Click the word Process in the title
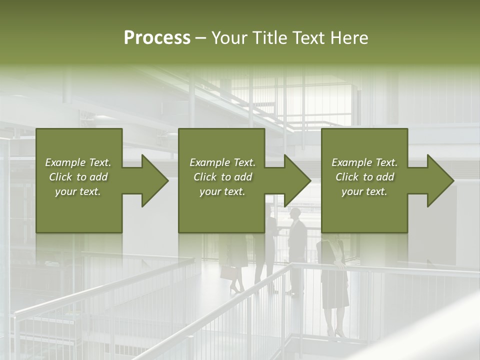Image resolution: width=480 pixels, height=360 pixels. tap(157, 38)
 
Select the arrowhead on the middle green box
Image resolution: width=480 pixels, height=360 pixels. tap(296, 180)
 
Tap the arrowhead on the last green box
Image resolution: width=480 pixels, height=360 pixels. tap(439, 180)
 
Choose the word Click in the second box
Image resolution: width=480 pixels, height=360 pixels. tap(205, 177)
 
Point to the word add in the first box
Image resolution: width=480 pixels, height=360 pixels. tap(98, 177)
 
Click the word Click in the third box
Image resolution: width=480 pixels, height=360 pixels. tap(347, 177)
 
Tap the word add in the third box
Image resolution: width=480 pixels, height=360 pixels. tap(385, 177)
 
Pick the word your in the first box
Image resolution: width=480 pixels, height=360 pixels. tap(65, 191)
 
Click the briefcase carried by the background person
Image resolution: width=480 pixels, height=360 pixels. tap(228, 272)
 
